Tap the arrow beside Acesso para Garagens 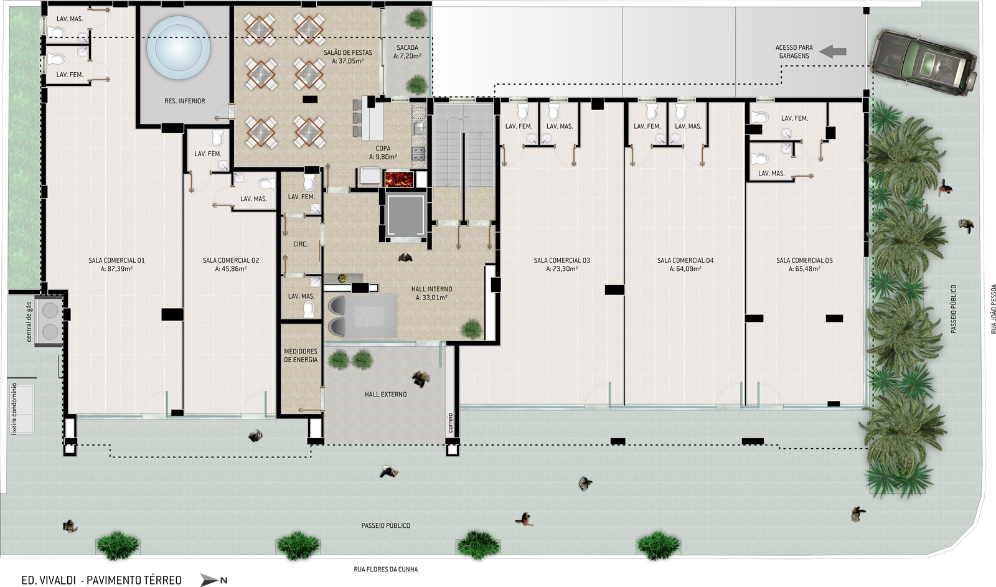click(832, 52)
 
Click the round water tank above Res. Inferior click(178, 47)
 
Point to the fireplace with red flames click(399, 179)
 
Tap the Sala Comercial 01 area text click(116, 268)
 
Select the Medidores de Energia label click(301, 355)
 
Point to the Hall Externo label click(385, 394)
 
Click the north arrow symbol click(214, 580)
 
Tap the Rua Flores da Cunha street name click(385, 569)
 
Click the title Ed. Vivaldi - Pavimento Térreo click(101, 580)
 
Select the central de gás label click(29, 322)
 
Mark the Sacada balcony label click(407, 52)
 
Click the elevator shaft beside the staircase click(405, 215)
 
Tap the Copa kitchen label click(383, 153)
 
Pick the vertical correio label click(451, 423)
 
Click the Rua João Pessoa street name click(993, 309)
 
